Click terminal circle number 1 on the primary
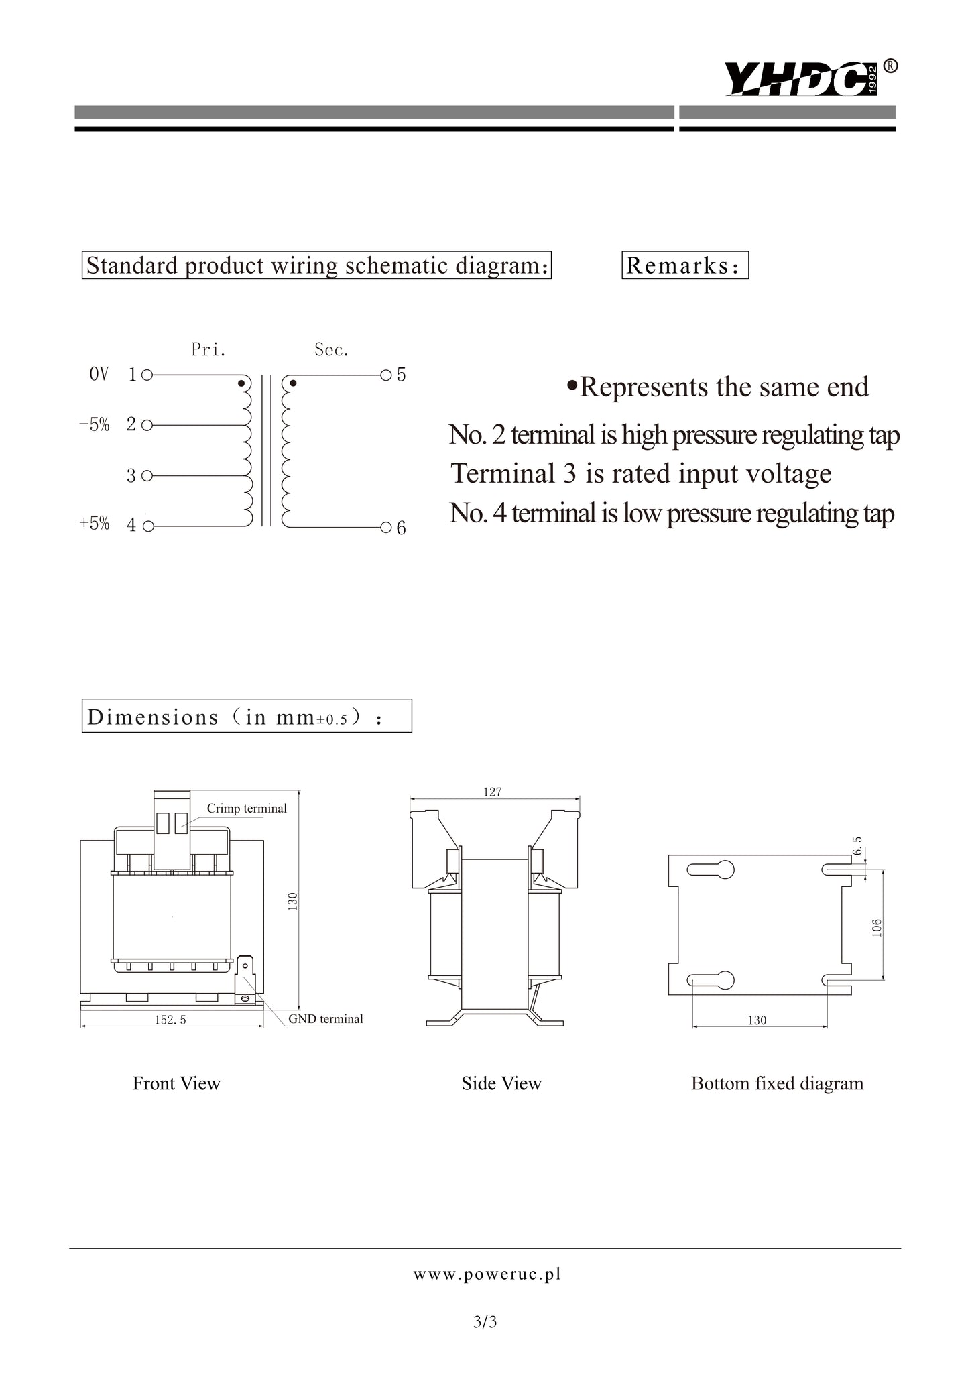pos(147,375)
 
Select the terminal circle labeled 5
pos(385,375)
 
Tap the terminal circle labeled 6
pos(385,527)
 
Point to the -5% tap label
pos(94,425)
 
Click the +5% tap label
pos(94,524)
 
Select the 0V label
pos(99,374)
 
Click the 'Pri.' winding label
pos(208,349)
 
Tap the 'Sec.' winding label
pos(332,349)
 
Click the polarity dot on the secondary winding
pos(293,384)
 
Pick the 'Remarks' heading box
pos(684,265)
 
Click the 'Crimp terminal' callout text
pos(247,809)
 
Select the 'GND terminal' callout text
pos(326,1019)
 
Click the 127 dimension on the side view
pos(492,792)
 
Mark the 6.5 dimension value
pos(857,846)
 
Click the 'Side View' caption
pos(501,1083)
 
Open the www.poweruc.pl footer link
pos(487,1274)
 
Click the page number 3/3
pos(485,1323)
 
